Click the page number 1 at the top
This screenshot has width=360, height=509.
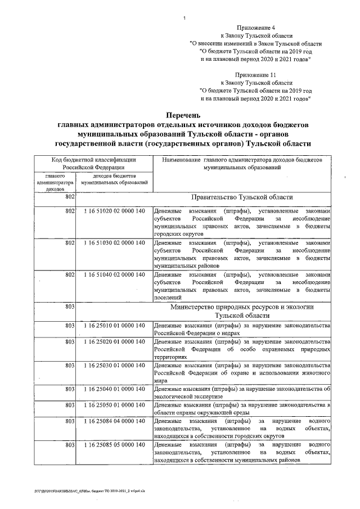[184, 21]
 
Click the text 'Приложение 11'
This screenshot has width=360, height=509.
[256, 74]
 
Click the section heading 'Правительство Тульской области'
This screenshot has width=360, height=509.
[242, 197]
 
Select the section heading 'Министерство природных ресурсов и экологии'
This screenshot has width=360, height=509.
[242, 307]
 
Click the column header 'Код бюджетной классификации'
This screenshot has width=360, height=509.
[94, 160]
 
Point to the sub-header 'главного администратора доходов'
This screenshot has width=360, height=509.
[55, 183]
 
